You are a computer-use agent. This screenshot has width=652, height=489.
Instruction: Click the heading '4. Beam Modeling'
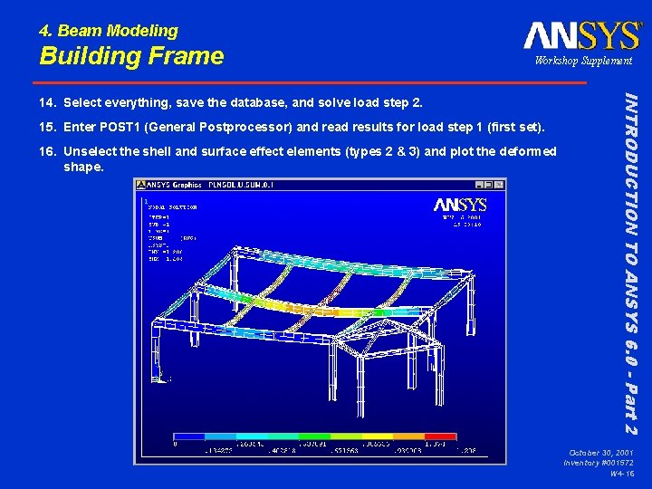109,31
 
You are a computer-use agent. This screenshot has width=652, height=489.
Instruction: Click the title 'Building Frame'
131,56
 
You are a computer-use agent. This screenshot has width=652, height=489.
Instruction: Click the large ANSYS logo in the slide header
581,35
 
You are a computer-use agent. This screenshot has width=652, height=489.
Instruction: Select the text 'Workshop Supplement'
583,61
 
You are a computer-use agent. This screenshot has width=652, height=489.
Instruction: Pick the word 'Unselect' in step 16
92,151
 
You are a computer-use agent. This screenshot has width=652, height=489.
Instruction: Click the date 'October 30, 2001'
600,451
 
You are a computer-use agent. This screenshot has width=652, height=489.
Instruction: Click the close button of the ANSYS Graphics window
500,185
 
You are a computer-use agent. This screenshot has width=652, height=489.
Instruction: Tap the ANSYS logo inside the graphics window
459,205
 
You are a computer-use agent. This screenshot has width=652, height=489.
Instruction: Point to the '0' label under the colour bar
176,445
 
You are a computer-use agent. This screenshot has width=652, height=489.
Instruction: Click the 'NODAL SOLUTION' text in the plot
173,207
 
